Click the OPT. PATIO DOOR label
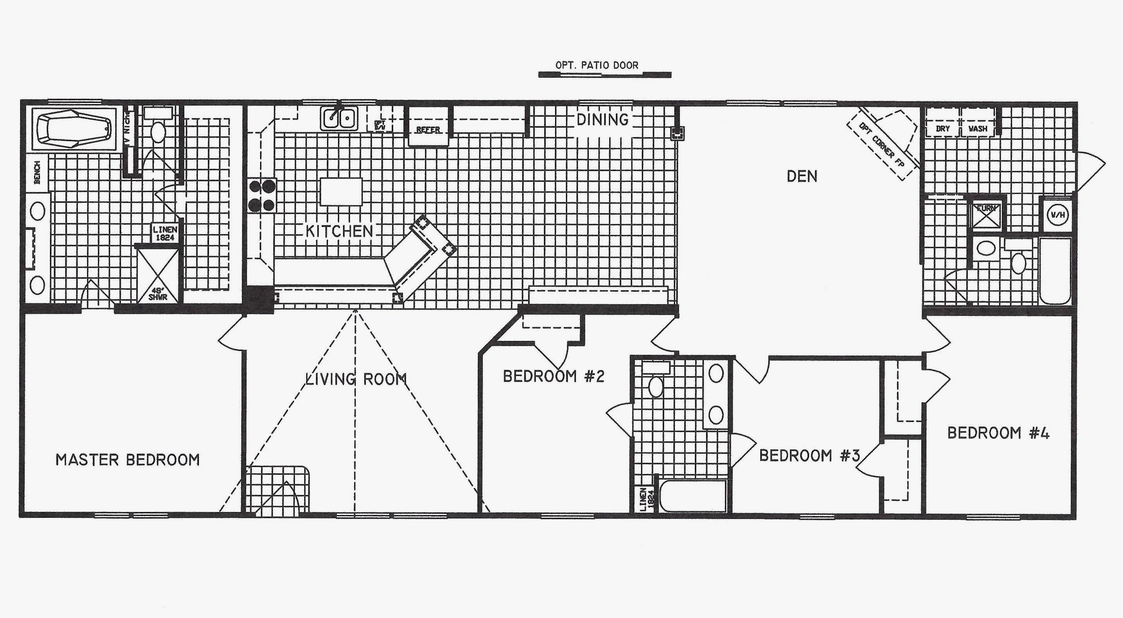pos(597,65)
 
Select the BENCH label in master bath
pos(38,172)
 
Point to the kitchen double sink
pos(339,118)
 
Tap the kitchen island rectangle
pos(341,191)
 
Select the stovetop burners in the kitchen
pos(262,196)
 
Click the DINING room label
pos(602,120)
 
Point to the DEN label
pos(802,176)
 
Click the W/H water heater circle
pos(1056,215)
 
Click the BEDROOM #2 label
pos(553,377)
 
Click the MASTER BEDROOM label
pos(127,460)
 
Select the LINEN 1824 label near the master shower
pos(165,234)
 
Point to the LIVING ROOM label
pos(355,379)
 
